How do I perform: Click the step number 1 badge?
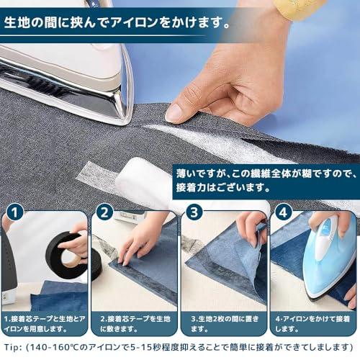pyautogui.click(x=15, y=212)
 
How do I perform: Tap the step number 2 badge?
pyautogui.click(x=104, y=212)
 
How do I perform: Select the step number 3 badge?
pyautogui.click(x=194, y=212)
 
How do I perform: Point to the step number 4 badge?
pyautogui.click(x=284, y=212)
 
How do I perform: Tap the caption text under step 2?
pyautogui.click(x=135, y=324)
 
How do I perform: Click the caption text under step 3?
pyautogui.click(x=225, y=324)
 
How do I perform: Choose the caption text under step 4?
pyautogui.click(x=312, y=324)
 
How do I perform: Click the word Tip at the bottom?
pyautogui.click(x=12, y=347)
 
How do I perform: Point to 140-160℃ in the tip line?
pyautogui.click(x=55, y=347)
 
